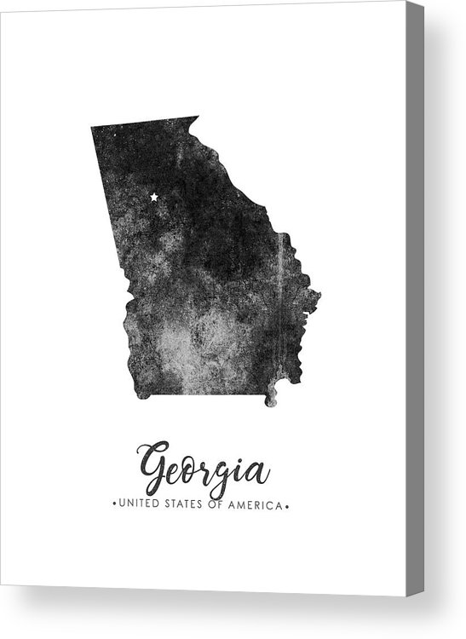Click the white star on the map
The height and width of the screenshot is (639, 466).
(154, 197)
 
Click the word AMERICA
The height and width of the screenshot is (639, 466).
(257, 506)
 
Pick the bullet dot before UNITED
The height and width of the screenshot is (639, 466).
(115, 506)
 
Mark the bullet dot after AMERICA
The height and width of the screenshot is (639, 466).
(288, 506)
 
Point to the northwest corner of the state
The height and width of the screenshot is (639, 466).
(92, 128)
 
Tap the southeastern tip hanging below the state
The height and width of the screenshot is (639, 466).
(272, 400)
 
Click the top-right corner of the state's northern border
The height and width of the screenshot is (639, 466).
(197, 117)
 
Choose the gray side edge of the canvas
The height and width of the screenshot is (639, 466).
(415, 298)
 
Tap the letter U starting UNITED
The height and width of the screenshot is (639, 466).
(124, 506)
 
